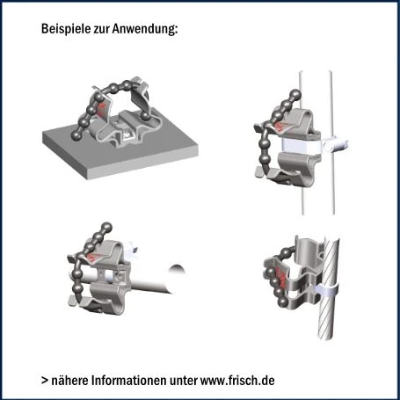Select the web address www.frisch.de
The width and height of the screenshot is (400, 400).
(x=237, y=381)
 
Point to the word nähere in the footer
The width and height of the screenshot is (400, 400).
(x=70, y=381)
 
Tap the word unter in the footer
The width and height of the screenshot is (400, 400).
(x=184, y=381)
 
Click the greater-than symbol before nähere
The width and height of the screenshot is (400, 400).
(x=45, y=381)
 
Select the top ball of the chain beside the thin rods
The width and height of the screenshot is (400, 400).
(x=295, y=94)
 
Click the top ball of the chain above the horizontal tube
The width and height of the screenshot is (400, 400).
(x=106, y=227)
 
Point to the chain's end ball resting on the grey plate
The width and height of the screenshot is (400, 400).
(x=76, y=135)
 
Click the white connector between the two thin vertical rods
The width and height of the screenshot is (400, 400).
(x=336, y=145)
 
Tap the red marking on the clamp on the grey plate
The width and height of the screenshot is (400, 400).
(x=102, y=106)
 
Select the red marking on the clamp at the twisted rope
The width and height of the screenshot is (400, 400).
(x=282, y=278)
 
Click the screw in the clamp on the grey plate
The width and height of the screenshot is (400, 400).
(x=127, y=134)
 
